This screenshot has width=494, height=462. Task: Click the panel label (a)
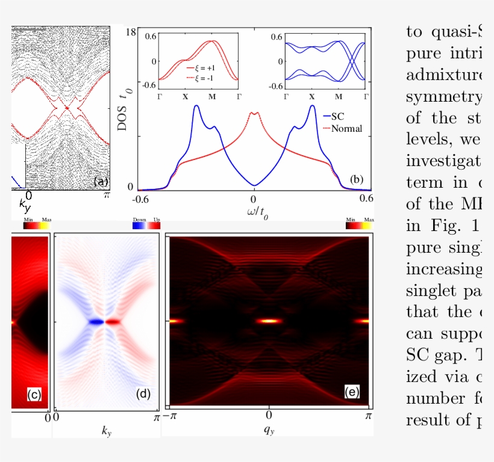click(99, 182)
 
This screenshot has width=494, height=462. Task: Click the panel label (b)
click(356, 179)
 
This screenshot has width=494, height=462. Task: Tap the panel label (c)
click(34, 395)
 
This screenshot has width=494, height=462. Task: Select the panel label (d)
click(143, 395)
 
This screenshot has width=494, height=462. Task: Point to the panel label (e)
click(352, 392)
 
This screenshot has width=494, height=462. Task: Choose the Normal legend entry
click(342, 128)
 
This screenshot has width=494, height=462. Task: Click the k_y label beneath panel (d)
click(106, 431)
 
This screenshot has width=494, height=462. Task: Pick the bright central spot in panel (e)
click(268, 321)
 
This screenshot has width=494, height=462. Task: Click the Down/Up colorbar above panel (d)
click(146, 226)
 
